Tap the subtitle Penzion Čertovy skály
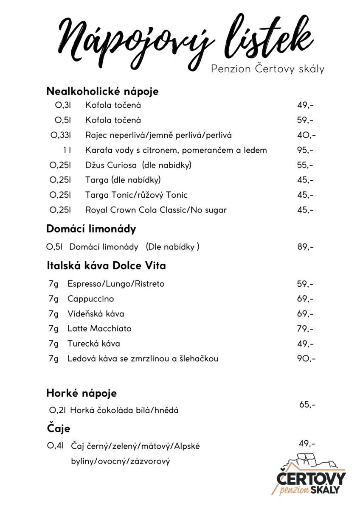[x=267, y=69]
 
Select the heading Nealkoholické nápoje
[x=102, y=91]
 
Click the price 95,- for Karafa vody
[x=305, y=150]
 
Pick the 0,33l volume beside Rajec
[x=60, y=135]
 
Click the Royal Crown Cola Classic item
[x=156, y=210]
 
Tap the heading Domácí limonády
[x=91, y=229]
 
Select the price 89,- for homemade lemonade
[x=305, y=247]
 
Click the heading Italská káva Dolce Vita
[x=106, y=266]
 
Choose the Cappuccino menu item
[x=90, y=299]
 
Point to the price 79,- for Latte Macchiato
[x=305, y=329]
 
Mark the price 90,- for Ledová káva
[x=306, y=359]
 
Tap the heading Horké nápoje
[x=81, y=394]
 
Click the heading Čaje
[x=58, y=428]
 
